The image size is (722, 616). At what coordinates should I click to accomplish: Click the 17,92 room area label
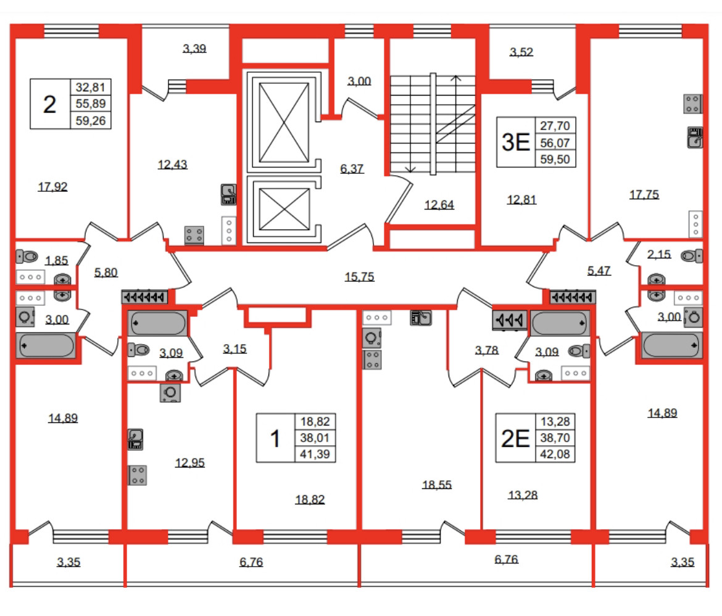tap(52, 187)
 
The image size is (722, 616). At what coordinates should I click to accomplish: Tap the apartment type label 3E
tap(516, 142)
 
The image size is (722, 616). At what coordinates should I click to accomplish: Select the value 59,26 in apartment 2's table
tap(91, 120)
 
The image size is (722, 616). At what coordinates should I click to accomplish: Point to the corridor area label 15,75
tap(359, 277)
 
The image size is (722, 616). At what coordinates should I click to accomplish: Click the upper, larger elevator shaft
tap(284, 122)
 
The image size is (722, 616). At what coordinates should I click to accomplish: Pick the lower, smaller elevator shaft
tap(284, 209)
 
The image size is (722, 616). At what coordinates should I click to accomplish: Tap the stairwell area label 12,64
tap(439, 205)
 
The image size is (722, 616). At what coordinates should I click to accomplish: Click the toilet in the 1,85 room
tap(27, 257)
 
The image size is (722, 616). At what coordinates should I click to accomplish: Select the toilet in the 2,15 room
tap(692, 256)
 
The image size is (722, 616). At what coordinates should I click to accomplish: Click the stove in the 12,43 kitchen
tap(194, 235)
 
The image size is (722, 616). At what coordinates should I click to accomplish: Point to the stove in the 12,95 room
tap(137, 475)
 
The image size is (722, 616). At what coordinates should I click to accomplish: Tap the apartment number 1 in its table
tap(275, 438)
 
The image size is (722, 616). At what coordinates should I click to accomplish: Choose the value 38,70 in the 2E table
tap(555, 438)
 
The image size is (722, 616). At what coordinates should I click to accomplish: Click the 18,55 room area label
tap(436, 485)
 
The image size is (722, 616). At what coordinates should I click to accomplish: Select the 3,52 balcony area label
tap(521, 52)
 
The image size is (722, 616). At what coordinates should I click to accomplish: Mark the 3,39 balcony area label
tap(194, 49)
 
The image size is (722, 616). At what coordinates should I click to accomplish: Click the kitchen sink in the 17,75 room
tap(695, 137)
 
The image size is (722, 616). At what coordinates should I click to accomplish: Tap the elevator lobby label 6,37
tap(352, 170)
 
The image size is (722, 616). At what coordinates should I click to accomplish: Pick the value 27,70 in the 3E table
tap(555, 126)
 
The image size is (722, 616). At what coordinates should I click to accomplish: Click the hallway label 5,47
tap(599, 271)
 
